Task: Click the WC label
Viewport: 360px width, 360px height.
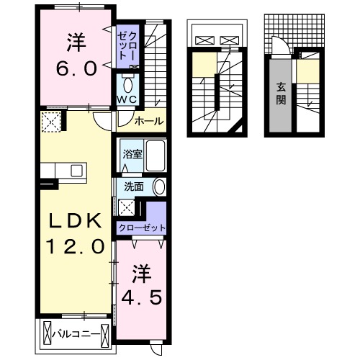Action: click(127, 99)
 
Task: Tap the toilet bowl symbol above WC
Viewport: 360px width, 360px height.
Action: click(127, 81)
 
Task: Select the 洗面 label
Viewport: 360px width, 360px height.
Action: click(134, 186)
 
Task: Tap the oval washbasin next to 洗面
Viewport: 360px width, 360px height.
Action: click(159, 186)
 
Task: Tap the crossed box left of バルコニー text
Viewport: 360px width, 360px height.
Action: click(49, 334)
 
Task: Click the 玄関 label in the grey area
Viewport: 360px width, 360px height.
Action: click(281, 91)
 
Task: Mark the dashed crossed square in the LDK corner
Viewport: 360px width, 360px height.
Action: click(50, 123)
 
